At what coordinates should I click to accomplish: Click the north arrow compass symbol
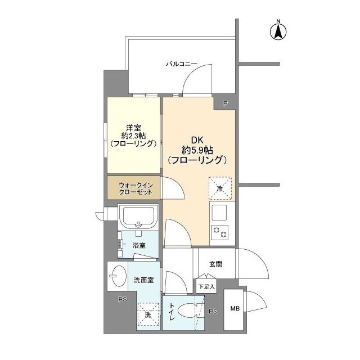pyautogui.click(x=278, y=30)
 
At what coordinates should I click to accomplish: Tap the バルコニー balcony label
pyautogui.click(x=181, y=65)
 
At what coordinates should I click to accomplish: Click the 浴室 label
pyautogui.click(x=139, y=245)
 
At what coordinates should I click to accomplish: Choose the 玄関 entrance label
pyautogui.click(x=215, y=264)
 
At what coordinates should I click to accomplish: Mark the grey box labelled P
pyautogui.click(x=225, y=103)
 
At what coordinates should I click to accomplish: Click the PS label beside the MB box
pyautogui.click(x=213, y=312)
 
